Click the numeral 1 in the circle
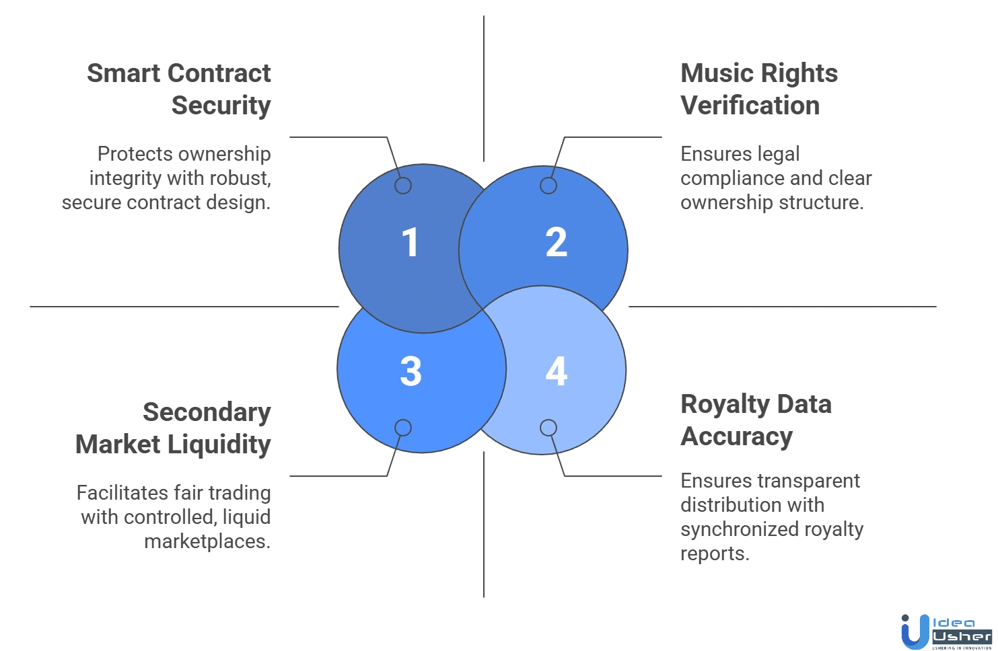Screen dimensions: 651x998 coord(410,242)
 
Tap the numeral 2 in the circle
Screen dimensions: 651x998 coord(556,242)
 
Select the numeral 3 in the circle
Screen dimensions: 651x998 coord(411,371)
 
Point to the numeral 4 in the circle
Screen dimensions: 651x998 coord(556,371)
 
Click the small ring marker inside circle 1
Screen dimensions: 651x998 coord(403,186)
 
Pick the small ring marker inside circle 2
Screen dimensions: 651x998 coord(548,186)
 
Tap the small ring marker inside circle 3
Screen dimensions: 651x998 coord(403,428)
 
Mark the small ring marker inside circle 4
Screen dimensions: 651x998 coord(548,428)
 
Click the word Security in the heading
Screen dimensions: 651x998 coord(222,106)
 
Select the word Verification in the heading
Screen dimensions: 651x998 coord(750,106)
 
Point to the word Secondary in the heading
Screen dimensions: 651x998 coord(207,412)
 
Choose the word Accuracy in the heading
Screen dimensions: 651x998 coord(736,437)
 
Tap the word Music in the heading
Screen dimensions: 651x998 coord(709,73)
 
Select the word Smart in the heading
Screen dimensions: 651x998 coord(122,73)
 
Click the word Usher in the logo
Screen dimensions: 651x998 coord(962,636)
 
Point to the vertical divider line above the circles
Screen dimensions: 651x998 coord(482,87)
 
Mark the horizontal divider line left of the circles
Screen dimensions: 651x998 coord(182,307)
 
